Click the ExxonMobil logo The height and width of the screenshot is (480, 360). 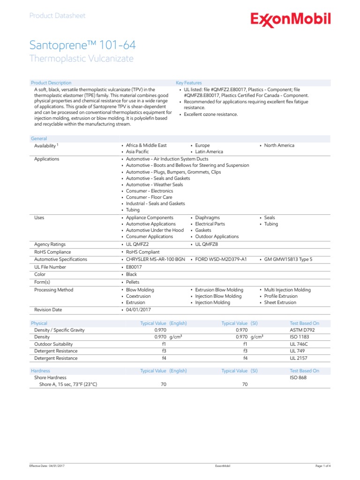tap(290, 20)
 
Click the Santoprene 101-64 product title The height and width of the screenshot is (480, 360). tap(83, 45)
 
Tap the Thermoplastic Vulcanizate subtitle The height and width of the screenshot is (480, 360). tap(81, 59)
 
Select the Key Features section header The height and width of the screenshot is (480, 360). tap(189, 83)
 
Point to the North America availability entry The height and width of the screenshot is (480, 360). tap(279, 145)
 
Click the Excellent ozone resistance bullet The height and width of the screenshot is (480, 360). tap(210, 114)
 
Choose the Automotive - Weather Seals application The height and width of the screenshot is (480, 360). tap(154, 185)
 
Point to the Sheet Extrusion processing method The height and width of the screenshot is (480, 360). tap(280, 302)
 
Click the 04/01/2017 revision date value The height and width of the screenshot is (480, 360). tap(138, 310)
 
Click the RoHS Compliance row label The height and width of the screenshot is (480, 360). tap(52, 252)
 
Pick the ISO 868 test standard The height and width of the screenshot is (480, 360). tap(298, 377)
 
